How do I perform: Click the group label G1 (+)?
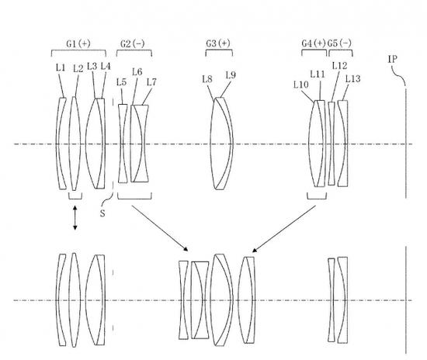(x=78, y=43)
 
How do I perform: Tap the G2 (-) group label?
(x=132, y=43)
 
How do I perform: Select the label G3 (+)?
(x=218, y=43)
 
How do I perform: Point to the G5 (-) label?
(x=339, y=43)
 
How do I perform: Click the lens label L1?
(x=61, y=67)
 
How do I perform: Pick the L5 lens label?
(x=121, y=82)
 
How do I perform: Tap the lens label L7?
(x=151, y=82)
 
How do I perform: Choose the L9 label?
(x=231, y=75)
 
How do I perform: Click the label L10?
(x=301, y=85)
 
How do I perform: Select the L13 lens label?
(x=353, y=79)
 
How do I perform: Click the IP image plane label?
(x=392, y=59)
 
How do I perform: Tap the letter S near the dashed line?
(x=102, y=213)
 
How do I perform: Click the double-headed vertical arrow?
(x=75, y=218)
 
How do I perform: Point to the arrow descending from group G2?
(x=160, y=228)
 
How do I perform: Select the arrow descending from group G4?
(x=284, y=229)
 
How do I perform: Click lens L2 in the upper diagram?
(x=74, y=144)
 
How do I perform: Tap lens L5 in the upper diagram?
(x=123, y=144)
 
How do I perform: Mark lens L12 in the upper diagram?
(x=332, y=144)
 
